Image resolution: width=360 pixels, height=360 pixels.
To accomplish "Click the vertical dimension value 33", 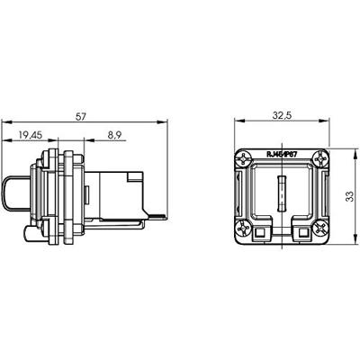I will pyautogui.click(x=347, y=195).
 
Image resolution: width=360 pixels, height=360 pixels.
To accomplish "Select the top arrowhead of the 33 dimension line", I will pyautogui.click(x=339, y=149).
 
